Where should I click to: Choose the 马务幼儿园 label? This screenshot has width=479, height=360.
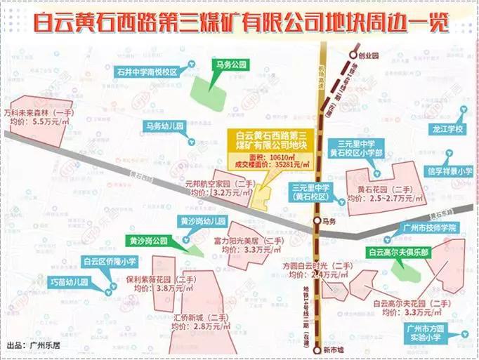pyautogui.click(x=164, y=126)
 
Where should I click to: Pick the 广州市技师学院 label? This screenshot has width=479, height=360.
pyautogui.click(x=427, y=227)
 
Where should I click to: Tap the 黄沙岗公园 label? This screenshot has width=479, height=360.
pyautogui.click(x=147, y=240)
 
